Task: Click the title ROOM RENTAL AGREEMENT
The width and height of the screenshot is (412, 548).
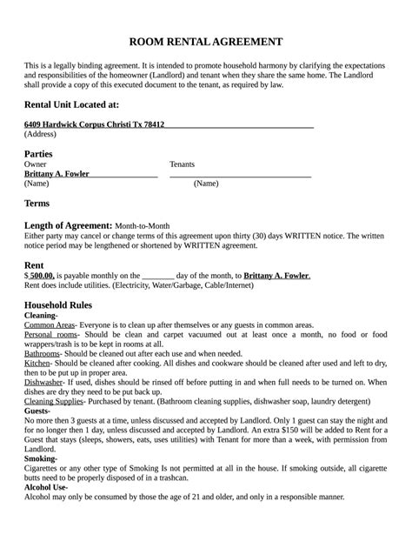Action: [206, 42]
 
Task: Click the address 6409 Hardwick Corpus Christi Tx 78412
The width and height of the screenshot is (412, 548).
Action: [94, 124]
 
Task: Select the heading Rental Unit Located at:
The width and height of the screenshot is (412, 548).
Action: [71, 104]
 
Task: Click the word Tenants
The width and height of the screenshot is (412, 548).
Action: [182, 164]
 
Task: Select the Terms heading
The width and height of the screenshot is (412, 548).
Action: [37, 203]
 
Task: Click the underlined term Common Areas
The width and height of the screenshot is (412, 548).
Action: [49, 324]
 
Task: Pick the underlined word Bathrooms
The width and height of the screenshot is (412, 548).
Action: [42, 354]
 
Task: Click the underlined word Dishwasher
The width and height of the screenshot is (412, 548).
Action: [43, 382]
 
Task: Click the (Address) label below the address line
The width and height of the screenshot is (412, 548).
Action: [40, 135]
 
